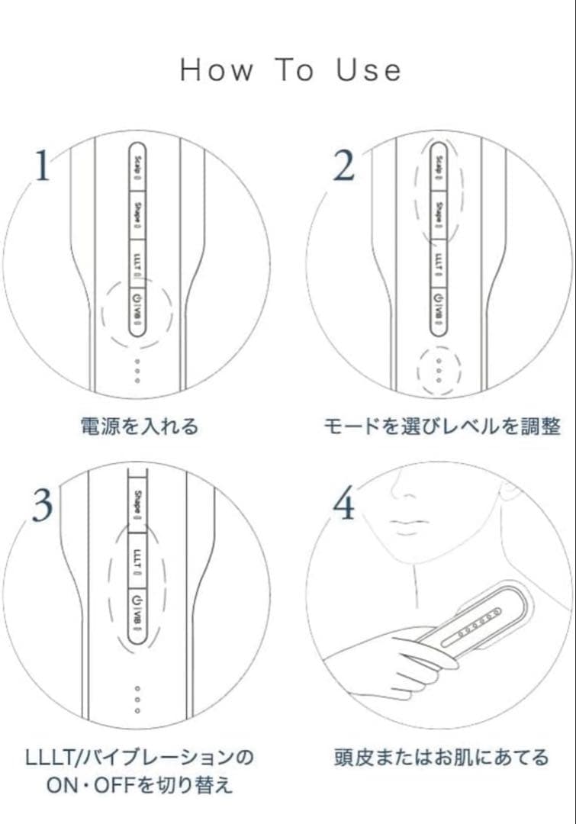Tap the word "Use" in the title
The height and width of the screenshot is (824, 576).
pos(369,71)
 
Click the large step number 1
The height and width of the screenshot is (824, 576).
pos(43,166)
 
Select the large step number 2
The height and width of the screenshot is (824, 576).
pos(345,166)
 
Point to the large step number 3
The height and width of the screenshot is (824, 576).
pos(43,504)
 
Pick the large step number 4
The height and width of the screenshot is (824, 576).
pos(346,504)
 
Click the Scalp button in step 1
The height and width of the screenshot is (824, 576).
pos(138,165)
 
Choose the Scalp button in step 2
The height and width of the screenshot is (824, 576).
pos(439,165)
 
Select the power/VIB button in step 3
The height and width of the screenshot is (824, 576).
pos(138,614)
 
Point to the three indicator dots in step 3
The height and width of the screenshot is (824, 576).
pos(137,699)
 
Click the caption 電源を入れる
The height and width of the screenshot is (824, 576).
pos(139,426)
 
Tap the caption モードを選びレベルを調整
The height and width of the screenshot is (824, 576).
pos(441,426)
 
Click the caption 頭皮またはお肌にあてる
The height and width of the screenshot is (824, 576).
pos(441,758)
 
